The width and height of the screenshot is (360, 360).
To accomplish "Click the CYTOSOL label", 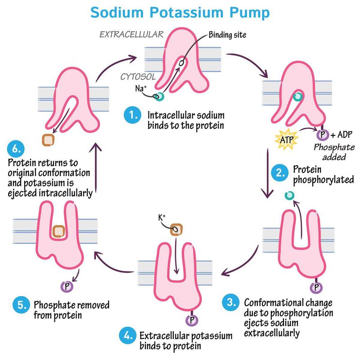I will (x=138, y=77).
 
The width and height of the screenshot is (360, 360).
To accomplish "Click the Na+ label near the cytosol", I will (x=140, y=88).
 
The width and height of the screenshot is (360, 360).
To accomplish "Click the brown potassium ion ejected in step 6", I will (x=48, y=139).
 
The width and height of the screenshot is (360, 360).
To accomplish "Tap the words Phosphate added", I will (x=334, y=152).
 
